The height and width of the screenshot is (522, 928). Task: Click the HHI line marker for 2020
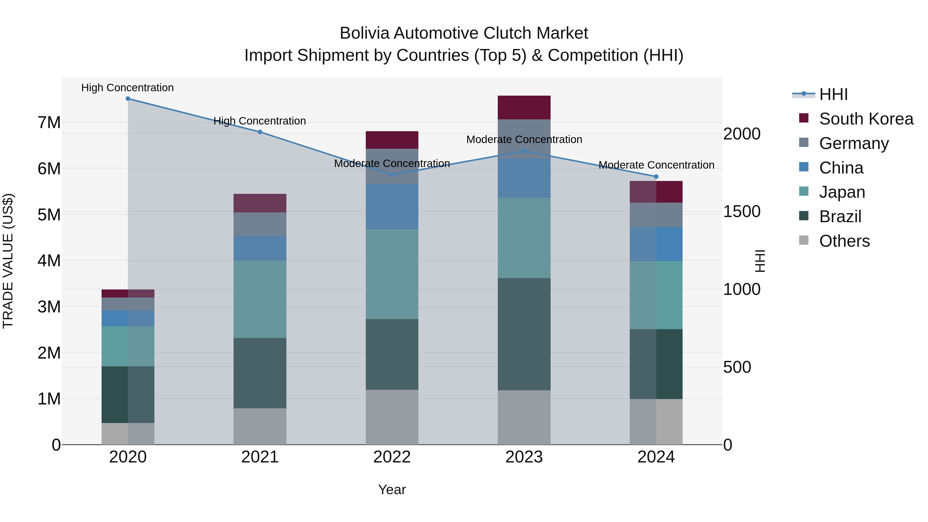point(128,99)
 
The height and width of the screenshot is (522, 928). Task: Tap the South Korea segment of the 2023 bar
point(524,107)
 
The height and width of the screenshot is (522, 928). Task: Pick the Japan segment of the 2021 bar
point(260,299)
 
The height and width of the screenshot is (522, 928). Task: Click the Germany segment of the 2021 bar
point(260,224)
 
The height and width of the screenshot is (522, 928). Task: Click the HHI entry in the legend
point(833,94)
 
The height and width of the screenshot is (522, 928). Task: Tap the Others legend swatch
point(804,240)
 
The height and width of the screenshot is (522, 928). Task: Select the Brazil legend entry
point(840,217)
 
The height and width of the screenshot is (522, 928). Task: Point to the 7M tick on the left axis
point(49,122)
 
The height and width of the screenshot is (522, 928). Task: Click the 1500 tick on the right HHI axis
point(742,211)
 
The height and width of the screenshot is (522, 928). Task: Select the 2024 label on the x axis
point(656,457)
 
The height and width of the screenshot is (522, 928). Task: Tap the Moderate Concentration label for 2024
point(656,165)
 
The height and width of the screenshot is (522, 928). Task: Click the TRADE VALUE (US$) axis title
point(8,261)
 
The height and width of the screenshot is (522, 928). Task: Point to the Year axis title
point(392,490)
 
